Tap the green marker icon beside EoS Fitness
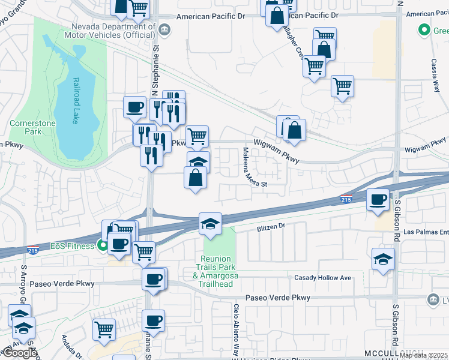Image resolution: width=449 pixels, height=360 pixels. click(x=103, y=245)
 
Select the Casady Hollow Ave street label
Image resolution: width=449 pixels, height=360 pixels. click(x=322, y=278)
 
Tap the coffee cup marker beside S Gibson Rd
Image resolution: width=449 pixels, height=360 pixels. click(x=378, y=200)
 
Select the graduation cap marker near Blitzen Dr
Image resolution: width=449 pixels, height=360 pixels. click(x=211, y=224)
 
